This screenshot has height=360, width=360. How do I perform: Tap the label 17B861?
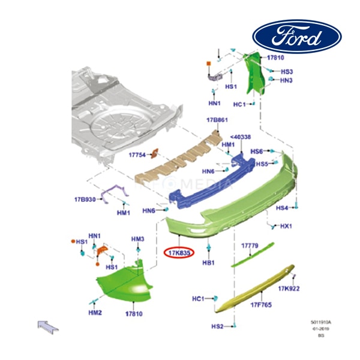(x=218, y=121)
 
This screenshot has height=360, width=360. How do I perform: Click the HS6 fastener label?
(x=257, y=152)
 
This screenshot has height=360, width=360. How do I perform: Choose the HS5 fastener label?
(x=262, y=164)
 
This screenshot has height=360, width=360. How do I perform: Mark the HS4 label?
(x=282, y=208)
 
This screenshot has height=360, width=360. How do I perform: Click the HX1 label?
(x=286, y=226)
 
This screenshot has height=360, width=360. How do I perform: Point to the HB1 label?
(x=208, y=263)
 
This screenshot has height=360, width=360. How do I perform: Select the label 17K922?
(x=289, y=289)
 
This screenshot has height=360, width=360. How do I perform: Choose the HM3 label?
(x=138, y=239)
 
